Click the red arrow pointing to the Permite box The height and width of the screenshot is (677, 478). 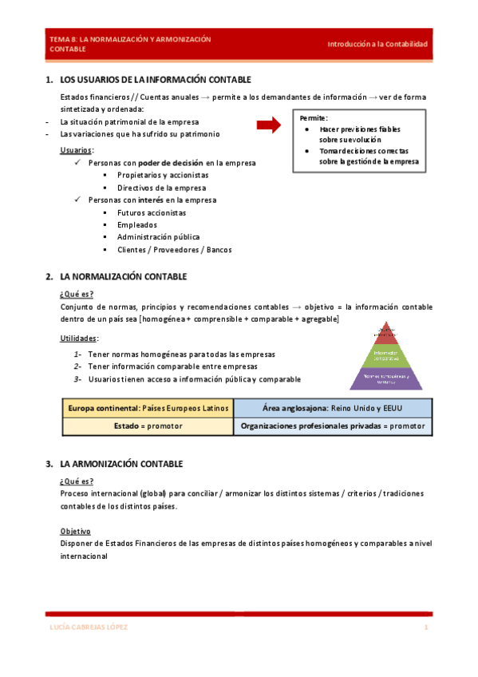[270, 125]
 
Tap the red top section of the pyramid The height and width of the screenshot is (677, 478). [386, 331]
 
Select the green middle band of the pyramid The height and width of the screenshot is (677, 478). [386, 354]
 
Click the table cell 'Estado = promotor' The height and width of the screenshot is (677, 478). [148, 426]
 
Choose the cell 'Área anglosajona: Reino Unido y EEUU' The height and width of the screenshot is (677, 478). [333, 408]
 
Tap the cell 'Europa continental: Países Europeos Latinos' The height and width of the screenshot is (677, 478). [148, 408]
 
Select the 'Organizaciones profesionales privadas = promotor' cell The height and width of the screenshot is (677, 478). [333, 426]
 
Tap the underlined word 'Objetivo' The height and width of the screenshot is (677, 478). [75, 531]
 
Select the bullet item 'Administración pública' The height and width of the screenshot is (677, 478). [158, 237]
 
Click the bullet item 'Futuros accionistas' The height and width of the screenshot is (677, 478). [152, 213]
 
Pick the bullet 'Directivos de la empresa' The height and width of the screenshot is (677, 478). [161, 188]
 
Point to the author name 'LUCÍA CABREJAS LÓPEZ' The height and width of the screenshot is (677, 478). [84, 628]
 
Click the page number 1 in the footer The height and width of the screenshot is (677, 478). [426, 628]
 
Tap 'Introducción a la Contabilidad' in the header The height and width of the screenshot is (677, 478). [377, 44]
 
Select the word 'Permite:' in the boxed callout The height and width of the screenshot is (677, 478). [314, 117]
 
